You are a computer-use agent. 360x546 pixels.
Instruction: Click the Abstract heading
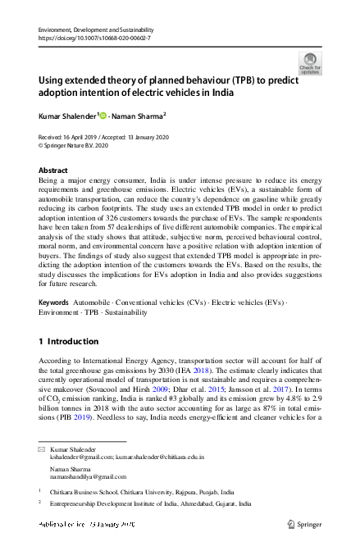coord(54,171)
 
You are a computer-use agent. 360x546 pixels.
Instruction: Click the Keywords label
coord(54,303)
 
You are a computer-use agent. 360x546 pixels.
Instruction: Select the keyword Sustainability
coord(125,312)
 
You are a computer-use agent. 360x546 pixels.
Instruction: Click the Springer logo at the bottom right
coord(304,523)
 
